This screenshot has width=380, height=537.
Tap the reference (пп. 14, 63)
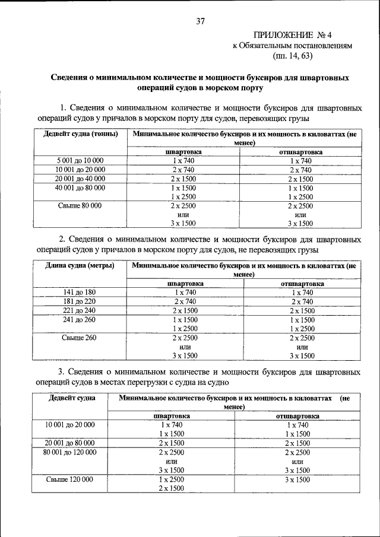pyautogui.click(x=292, y=56)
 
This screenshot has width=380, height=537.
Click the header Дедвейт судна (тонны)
pyautogui.click(x=81, y=134)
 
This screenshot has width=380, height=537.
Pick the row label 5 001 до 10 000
pyautogui.click(x=80, y=161)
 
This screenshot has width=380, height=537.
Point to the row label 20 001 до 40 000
pyautogui.click(x=80, y=179)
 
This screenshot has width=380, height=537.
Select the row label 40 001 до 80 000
pyautogui.click(x=80, y=188)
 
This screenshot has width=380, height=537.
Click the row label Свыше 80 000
pyautogui.click(x=80, y=205)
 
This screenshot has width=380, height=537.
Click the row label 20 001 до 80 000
pyautogui.click(x=70, y=443)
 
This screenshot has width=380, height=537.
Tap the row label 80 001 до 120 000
pyautogui.click(x=70, y=452)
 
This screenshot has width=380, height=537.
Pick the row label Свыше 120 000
pyautogui.click(x=70, y=479)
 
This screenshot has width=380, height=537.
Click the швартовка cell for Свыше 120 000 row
pyautogui.click(x=172, y=483)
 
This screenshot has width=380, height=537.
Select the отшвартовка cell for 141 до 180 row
pyautogui.click(x=302, y=293)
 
